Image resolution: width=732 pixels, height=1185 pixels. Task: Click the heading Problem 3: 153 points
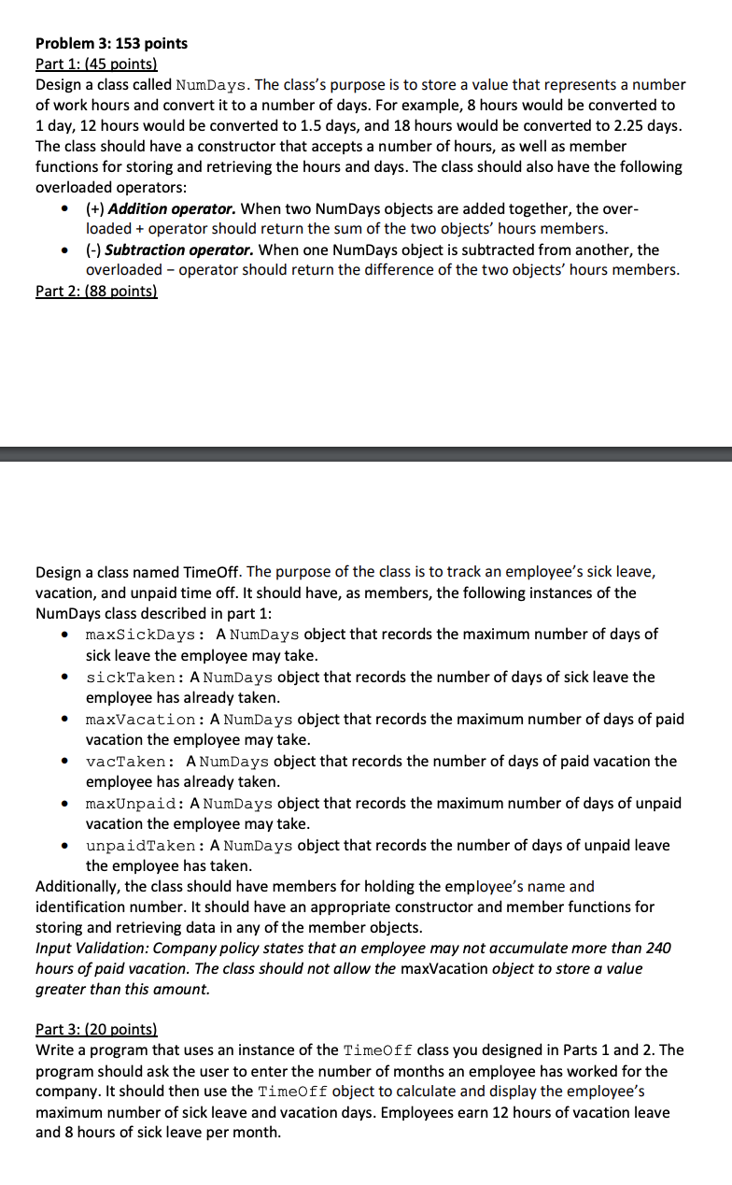111,43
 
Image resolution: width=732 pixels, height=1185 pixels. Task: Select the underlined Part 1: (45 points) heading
96,64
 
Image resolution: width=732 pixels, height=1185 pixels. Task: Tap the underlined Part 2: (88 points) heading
96,291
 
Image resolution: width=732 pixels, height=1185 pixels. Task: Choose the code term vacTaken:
131,762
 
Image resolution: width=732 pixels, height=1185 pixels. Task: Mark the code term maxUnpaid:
135,804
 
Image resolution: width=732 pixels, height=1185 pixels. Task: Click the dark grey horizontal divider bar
366,454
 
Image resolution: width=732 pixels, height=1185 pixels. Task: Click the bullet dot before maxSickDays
63,635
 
